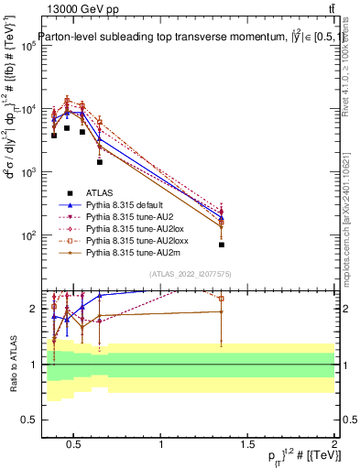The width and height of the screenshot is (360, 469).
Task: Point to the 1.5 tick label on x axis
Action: (247, 446)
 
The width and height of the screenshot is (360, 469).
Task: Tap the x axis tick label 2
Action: (334, 446)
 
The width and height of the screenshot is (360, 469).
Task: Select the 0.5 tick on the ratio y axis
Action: (26, 420)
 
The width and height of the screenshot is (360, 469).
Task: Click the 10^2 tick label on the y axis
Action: (27, 235)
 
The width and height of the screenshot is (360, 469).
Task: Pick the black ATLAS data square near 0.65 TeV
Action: (100, 162)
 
